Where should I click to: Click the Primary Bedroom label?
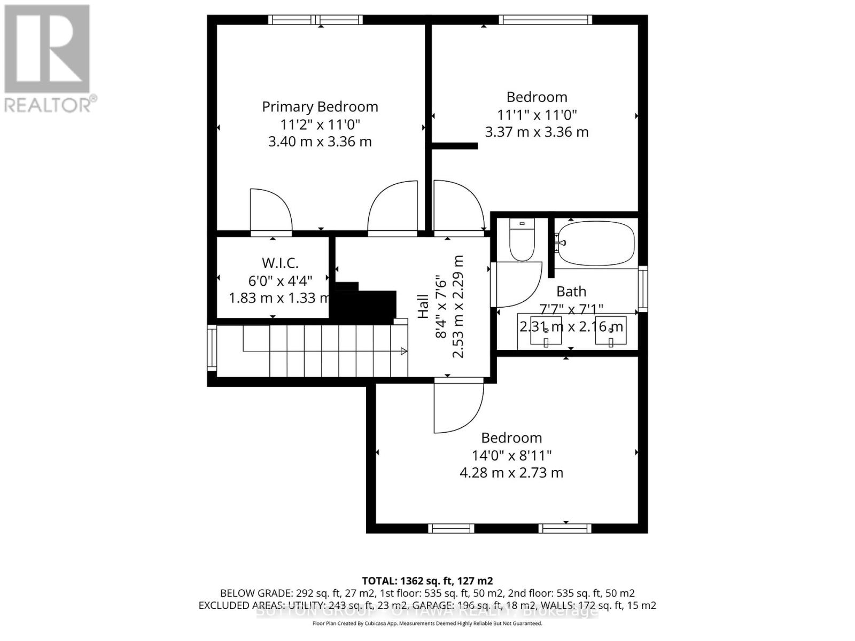[320, 107]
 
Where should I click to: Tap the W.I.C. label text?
[280, 263]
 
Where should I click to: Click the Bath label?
[571, 292]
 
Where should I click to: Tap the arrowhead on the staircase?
[404, 351]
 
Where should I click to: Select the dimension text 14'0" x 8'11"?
[511, 456]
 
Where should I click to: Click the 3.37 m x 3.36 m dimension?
[537, 132]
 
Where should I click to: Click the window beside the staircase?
[212, 348]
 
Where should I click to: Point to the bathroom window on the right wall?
[643, 288]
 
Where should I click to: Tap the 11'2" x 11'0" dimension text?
[320, 124]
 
